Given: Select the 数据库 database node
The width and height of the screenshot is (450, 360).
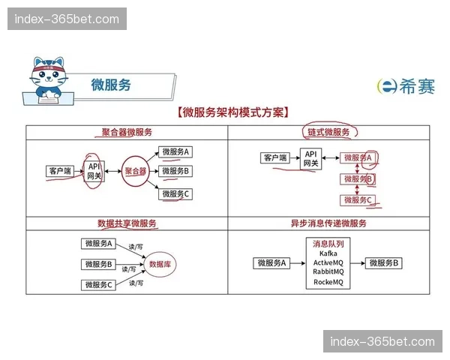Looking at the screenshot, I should [161, 264].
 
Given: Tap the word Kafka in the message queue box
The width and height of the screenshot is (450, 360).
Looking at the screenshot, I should [328, 253].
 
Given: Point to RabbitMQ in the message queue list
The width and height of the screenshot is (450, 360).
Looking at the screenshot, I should [328, 271].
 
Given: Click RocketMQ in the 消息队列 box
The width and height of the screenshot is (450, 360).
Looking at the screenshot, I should [328, 282].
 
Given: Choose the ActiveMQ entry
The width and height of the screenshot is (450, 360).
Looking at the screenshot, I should [328, 262].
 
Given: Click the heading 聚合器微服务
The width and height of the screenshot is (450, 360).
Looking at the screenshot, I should [127, 132].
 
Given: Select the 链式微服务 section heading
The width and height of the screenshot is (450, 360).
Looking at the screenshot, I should [328, 132].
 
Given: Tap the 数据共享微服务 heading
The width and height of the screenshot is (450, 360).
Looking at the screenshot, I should [127, 223].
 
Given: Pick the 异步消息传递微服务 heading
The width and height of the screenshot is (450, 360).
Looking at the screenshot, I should [328, 223].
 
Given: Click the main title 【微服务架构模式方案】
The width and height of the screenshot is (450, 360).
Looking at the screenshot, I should [228, 113].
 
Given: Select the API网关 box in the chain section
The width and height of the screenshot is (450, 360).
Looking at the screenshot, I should [310, 157].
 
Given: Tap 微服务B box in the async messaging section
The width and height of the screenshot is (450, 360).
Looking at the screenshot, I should [383, 263].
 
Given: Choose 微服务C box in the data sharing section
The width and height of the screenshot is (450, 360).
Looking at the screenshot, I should [98, 284].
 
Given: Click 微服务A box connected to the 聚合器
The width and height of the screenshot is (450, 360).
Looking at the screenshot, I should [176, 151].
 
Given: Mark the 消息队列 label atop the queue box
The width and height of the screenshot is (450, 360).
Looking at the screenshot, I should [328, 244].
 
